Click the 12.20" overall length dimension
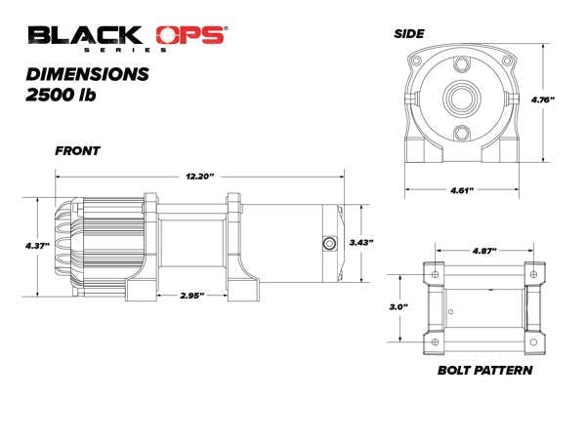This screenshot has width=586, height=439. point(199,177)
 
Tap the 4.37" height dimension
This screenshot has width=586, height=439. point(37,246)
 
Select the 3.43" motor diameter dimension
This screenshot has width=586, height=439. point(361,243)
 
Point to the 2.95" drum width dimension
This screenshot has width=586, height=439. point(192,296)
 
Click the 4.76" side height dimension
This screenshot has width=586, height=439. point(543,100)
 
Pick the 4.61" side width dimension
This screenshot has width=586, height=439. point(462,190)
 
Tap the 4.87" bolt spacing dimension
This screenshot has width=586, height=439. point(484,251)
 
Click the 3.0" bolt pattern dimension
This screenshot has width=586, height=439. point(398,307)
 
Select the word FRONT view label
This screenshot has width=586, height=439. point(78,151)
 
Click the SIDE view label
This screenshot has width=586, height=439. point(409,34)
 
